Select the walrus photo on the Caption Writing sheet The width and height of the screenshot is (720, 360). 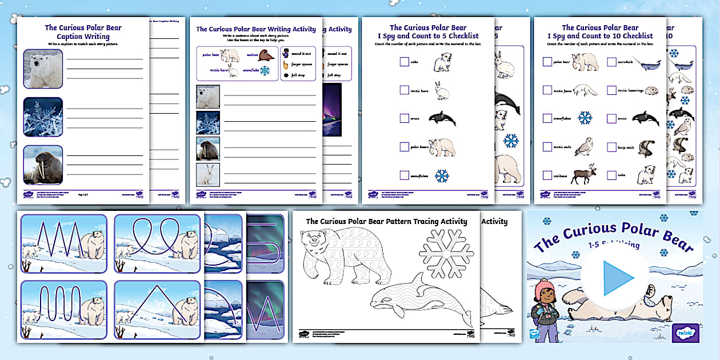43,165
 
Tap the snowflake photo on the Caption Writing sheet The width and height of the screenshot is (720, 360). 43,117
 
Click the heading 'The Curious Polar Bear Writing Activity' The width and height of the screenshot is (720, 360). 255,29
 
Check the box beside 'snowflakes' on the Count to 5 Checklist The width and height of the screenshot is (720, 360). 405,176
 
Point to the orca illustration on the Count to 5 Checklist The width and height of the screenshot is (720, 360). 442,119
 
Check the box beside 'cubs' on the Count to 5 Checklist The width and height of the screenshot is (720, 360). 405,62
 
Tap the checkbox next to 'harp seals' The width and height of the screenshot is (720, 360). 611,147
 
